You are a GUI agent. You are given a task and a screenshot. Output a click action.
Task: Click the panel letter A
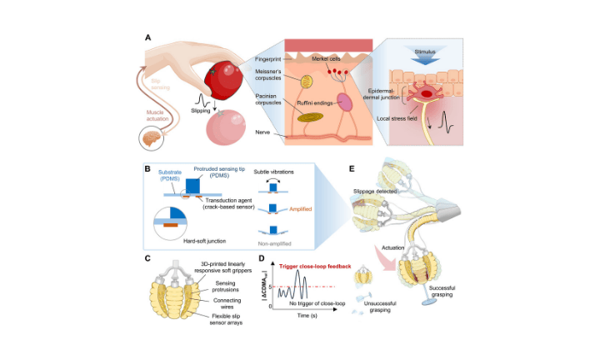click(x=148, y=37)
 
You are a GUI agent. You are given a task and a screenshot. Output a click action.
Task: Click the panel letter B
click(x=147, y=169)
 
